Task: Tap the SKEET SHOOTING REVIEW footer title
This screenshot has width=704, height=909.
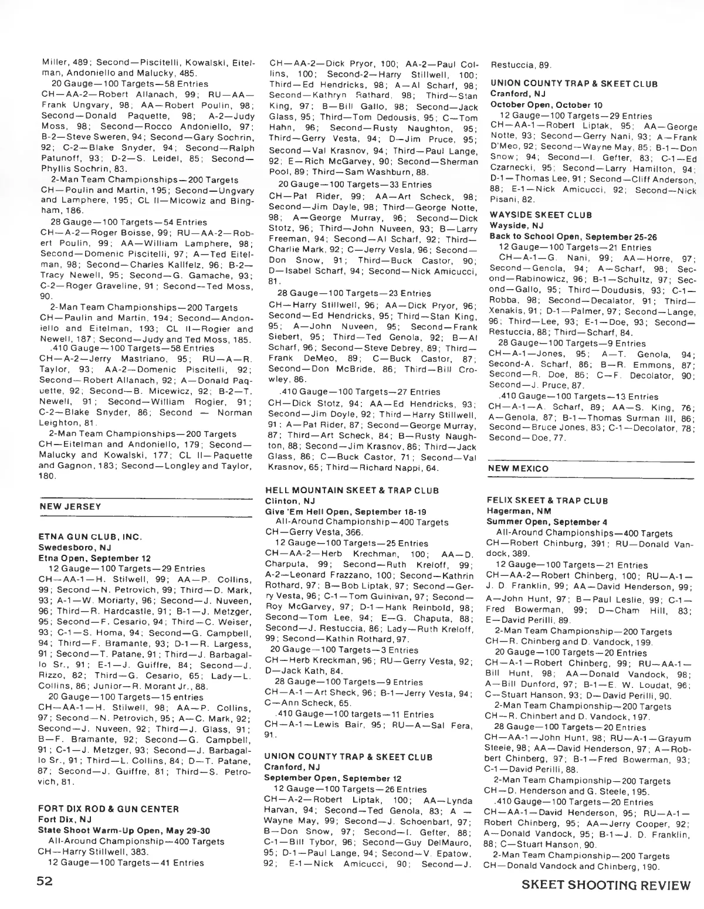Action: pos(607,885)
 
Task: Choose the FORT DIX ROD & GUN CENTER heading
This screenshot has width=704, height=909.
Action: pos(109,809)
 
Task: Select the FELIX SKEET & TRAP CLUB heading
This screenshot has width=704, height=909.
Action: pos(547,501)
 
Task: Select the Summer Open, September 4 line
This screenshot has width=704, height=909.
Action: pos(547,522)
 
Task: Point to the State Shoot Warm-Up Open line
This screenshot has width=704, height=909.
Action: pos(121,830)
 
